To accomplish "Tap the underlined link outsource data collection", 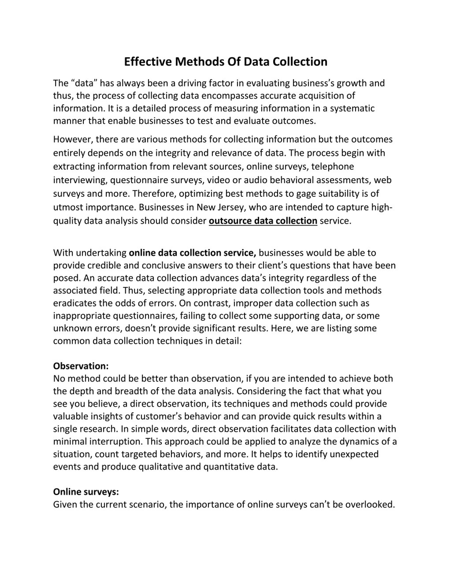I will point(263,221).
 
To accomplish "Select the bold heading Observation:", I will point(81,366).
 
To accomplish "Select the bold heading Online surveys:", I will point(86,492).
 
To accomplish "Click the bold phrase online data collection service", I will point(192,253).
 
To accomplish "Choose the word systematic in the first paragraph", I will point(352,108).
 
